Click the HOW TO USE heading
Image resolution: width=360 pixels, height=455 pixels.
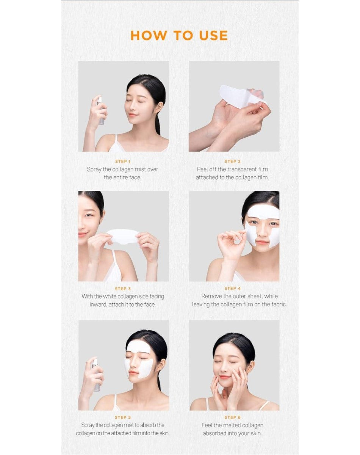click(179, 35)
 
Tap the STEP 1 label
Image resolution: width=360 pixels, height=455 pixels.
click(123, 162)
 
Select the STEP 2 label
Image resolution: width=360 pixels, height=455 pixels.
click(233, 162)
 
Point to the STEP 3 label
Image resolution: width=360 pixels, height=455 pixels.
click(123, 289)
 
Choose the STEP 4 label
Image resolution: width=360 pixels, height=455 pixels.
click(233, 289)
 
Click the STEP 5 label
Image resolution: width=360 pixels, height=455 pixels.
click(123, 417)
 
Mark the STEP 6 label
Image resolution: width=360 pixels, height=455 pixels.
click(233, 417)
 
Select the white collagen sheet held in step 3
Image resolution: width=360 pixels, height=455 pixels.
click(123, 236)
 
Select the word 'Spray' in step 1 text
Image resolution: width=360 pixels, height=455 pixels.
click(94, 169)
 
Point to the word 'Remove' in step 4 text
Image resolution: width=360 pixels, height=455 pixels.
click(213, 297)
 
